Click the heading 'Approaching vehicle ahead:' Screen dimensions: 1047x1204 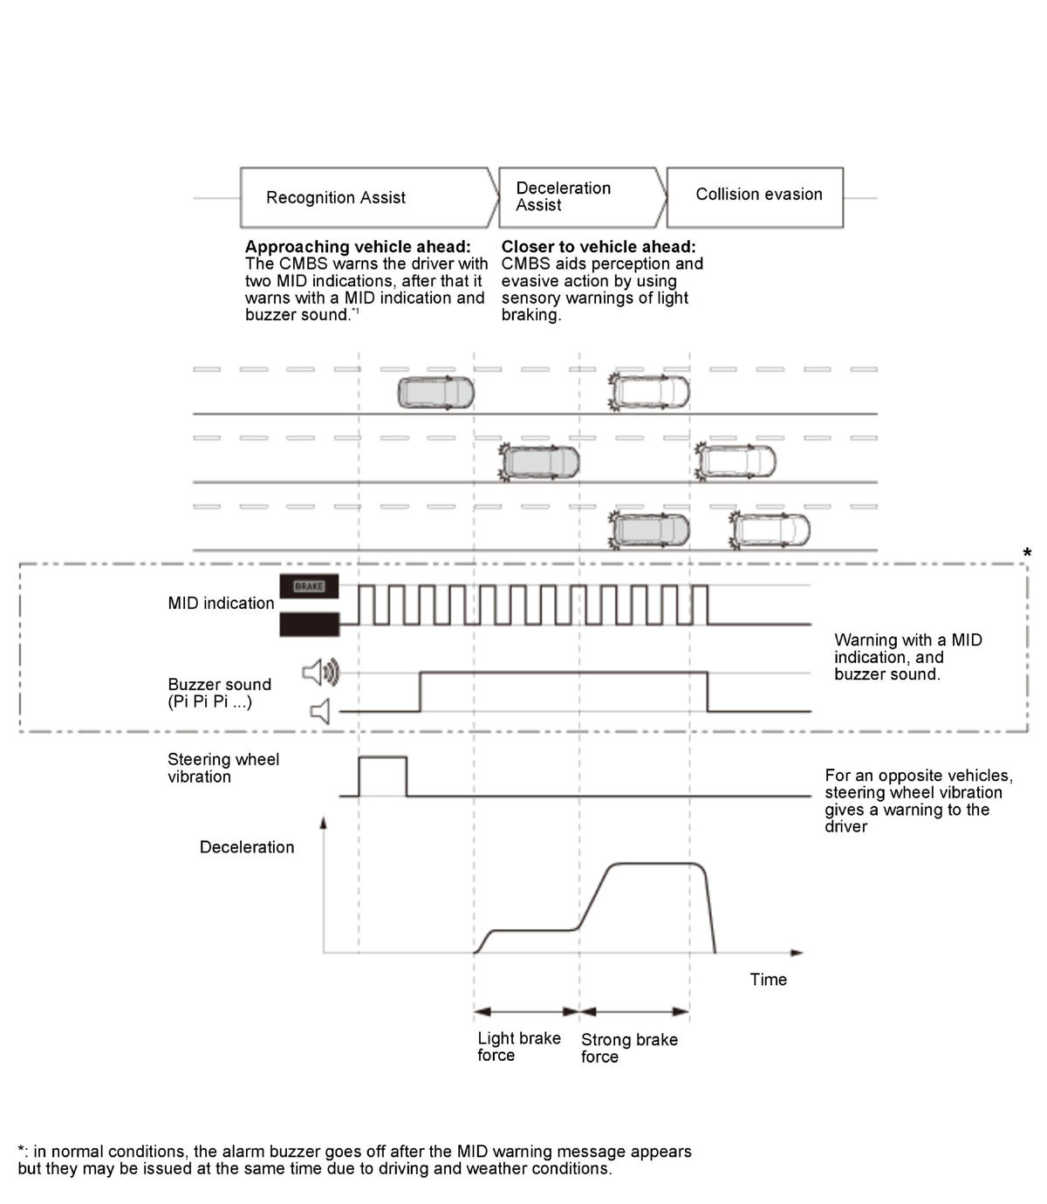point(358,247)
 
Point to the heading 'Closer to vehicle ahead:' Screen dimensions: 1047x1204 point(598,247)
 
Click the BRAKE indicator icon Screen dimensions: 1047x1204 point(309,586)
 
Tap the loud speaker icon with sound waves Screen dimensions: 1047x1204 point(321,672)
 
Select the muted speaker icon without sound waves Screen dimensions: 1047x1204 point(320,711)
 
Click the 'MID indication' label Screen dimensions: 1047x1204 point(221,603)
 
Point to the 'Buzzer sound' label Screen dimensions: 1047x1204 point(220,684)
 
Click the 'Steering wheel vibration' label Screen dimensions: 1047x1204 point(223,768)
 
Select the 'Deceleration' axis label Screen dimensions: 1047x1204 point(247,847)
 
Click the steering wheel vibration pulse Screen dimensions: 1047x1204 point(382,757)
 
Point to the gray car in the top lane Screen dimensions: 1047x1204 point(435,393)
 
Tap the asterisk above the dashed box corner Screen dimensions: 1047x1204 point(1027,552)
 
